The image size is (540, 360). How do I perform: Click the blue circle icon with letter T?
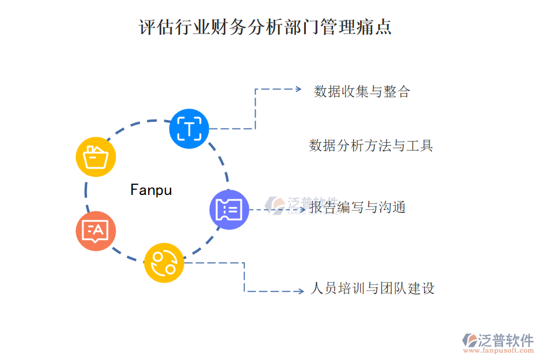[190, 128]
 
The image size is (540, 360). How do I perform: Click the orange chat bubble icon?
[96, 230]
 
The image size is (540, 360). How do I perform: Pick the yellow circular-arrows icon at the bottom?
[164, 262]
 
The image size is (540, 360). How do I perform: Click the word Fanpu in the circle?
[151, 190]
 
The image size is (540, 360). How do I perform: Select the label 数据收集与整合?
[362, 92]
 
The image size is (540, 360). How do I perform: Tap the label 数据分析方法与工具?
[371, 146]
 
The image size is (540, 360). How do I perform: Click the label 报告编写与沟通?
[358, 208]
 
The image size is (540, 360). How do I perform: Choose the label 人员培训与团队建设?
[372, 289]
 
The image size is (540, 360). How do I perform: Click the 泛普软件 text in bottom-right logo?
[506, 341]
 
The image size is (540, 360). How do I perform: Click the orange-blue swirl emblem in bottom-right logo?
[470, 341]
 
